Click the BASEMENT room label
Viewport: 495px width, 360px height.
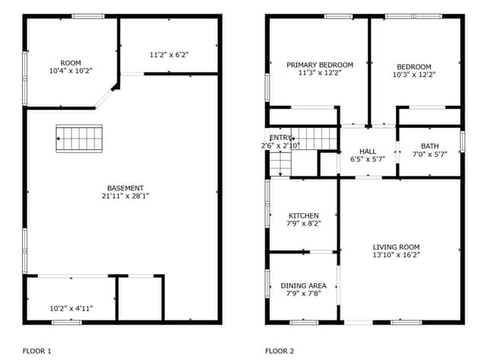(125, 188)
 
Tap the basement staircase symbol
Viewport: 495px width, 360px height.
(78, 139)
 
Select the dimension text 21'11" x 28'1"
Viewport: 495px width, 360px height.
(125, 196)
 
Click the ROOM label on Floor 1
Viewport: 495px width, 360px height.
(71, 62)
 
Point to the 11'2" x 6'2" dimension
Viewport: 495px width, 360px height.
(168, 55)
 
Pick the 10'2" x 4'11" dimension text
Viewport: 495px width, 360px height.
(70, 308)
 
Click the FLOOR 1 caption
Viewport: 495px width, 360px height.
(37, 351)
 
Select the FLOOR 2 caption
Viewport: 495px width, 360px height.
(279, 351)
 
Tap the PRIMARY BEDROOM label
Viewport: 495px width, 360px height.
(320, 65)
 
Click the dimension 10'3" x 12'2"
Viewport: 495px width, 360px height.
(415, 75)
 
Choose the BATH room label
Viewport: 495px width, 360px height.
(430, 145)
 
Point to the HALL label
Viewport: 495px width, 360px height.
(368, 151)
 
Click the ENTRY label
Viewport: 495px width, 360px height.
(280, 137)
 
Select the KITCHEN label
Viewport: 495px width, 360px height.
(303, 215)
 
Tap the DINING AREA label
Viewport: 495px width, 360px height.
(303, 285)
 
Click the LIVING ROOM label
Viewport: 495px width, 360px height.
(396, 247)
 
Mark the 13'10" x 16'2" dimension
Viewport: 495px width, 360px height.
(396, 255)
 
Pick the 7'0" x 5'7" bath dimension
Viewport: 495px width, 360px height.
(430, 154)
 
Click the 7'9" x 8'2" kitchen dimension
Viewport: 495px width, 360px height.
(303, 224)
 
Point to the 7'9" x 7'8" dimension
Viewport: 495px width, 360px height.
(303, 294)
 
